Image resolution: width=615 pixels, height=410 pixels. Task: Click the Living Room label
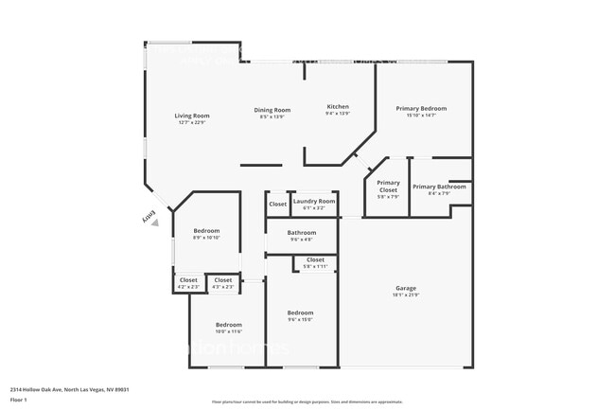[x=192, y=116]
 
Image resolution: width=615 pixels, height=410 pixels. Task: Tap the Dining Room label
[x=272, y=110]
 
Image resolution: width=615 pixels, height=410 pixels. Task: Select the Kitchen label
[x=338, y=106]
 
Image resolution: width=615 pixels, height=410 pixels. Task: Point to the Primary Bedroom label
[x=421, y=108]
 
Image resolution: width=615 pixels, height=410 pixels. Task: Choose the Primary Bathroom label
[x=439, y=187]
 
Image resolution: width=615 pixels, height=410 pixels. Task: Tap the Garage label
[x=406, y=288]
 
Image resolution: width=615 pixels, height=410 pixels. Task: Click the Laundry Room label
[x=313, y=201]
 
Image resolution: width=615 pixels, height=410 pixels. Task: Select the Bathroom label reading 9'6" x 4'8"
[x=302, y=232]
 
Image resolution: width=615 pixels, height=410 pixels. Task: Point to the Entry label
[x=149, y=219]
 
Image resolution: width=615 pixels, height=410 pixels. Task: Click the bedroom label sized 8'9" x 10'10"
[x=206, y=231]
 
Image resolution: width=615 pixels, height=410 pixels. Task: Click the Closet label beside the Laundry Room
[x=277, y=204]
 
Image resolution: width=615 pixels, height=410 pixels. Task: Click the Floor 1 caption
[x=18, y=400]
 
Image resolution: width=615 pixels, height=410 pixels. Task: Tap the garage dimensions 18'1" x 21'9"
[x=406, y=294]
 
